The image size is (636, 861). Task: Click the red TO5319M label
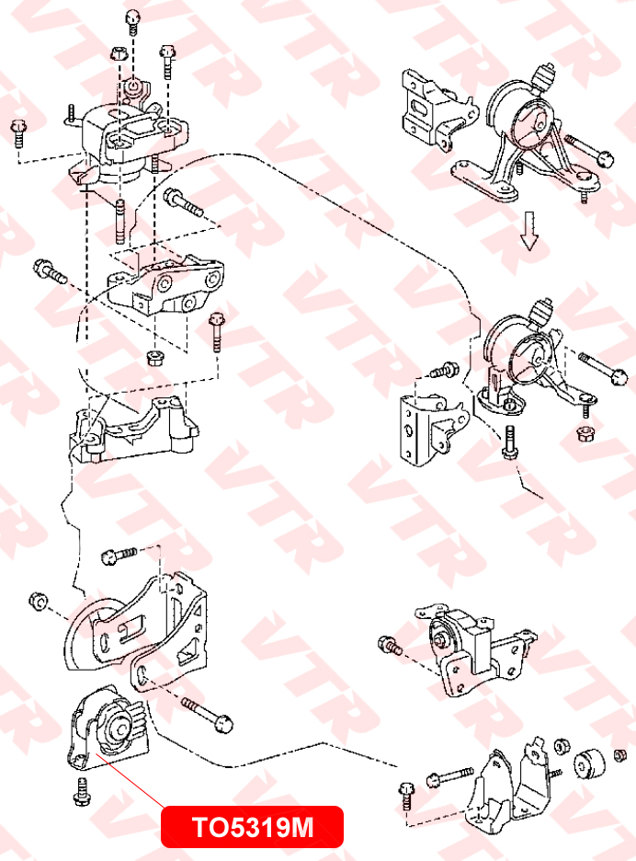pyautogui.click(x=252, y=827)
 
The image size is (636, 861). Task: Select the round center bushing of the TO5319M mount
pyautogui.click(x=118, y=727)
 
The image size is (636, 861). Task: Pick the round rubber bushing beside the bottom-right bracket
pyautogui.click(x=588, y=763)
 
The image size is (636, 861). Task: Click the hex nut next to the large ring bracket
pyautogui.click(x=38, y=600)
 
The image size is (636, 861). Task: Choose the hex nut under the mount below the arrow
pyautogui.click(x=583, y=431)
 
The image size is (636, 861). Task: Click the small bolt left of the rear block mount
pyautogui.click(x=390, y=646)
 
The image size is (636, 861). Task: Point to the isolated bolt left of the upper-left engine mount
pyautogui.click(x=18, y=134)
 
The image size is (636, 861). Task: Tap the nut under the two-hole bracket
pyautogui.click(x=153, y=355)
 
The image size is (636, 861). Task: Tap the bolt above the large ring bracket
pyautogui.click(x=116, y=555)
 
